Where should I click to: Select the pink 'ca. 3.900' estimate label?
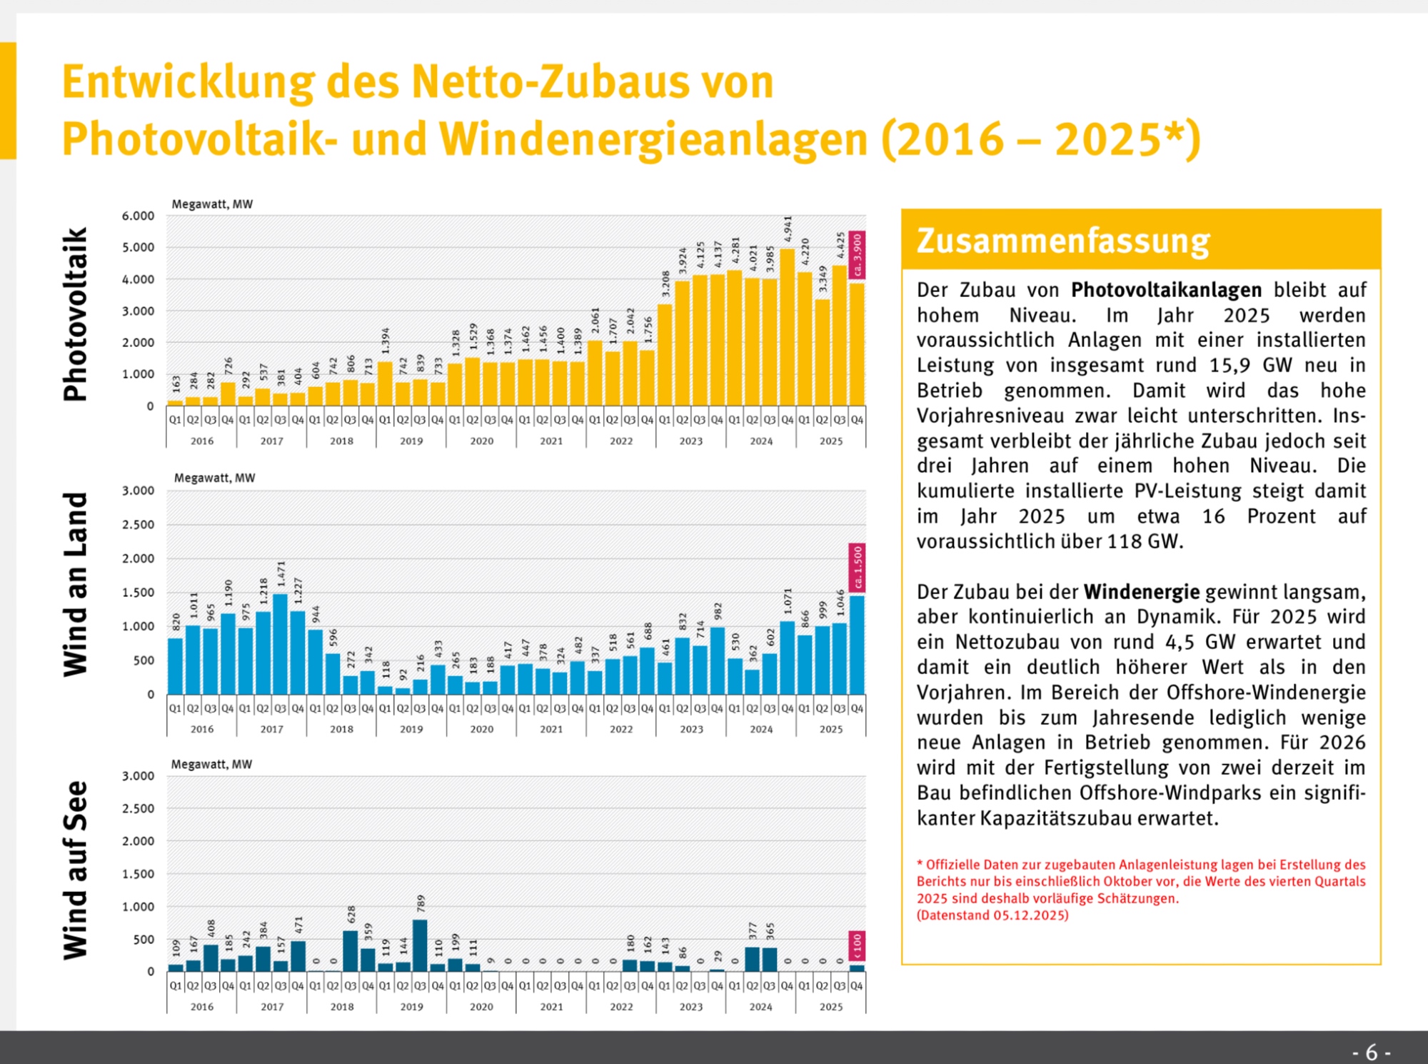pyautogui.click(x=858, y=256)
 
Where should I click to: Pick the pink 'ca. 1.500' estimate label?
pyautogui.click(x=858, y=568)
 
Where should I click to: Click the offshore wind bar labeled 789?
pyautogui.click(x=421, y=945)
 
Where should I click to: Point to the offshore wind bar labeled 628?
pyautogui.click(x=351, y=951)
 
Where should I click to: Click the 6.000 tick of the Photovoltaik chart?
pyautogui.click(x=138, y=216)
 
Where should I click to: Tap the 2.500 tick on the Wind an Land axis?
pyautogui.click(x=138, y=525)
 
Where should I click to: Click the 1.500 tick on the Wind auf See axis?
pyautogui.click(x=138, y=874)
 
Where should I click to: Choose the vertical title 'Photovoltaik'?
pyautogui.click(x=76, y=314)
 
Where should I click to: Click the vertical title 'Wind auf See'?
pyautogui.click(x=76, y=870)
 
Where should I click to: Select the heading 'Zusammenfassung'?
pyautogui.click(x=1063, y=241)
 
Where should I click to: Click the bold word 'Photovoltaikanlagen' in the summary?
pyautogui.click(x=1166, y=290)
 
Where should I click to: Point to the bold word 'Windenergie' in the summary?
pyautogui.click(x=1141, y=592)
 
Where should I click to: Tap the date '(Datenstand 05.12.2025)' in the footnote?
pyautogui.click(x=992, y=915)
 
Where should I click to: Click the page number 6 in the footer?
pyautogui.click(x=1371, y=1052)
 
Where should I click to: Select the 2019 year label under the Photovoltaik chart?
pyautogui.click(x=411, y=441)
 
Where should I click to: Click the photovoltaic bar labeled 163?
pyautogui.click(x=175, y=403)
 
